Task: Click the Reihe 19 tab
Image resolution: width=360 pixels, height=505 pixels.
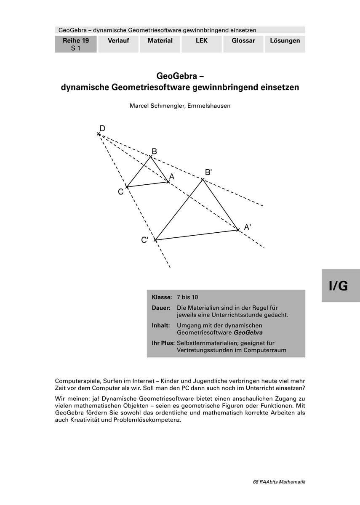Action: (x=76, y=44)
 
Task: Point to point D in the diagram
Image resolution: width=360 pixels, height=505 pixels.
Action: (x=99, y=134)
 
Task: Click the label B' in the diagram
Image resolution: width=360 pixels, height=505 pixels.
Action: (x=208, y=172)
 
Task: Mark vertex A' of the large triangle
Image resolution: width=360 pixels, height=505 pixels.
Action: (x=238, y=230)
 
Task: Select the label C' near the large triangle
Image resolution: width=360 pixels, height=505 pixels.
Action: (x=144, y=240)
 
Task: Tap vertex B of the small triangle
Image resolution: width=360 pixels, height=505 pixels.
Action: (x=151, y=157)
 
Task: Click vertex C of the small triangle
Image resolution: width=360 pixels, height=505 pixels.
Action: (x=127, y=187)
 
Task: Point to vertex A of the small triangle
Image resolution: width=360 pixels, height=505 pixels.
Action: (x=168, y=182)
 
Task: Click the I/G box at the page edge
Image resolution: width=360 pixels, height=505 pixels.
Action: (x=341, y=286)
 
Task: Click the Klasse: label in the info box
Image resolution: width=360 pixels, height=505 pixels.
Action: (x=162, y=297)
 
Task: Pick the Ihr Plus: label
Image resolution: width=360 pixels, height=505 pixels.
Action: (x=163, y=343)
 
